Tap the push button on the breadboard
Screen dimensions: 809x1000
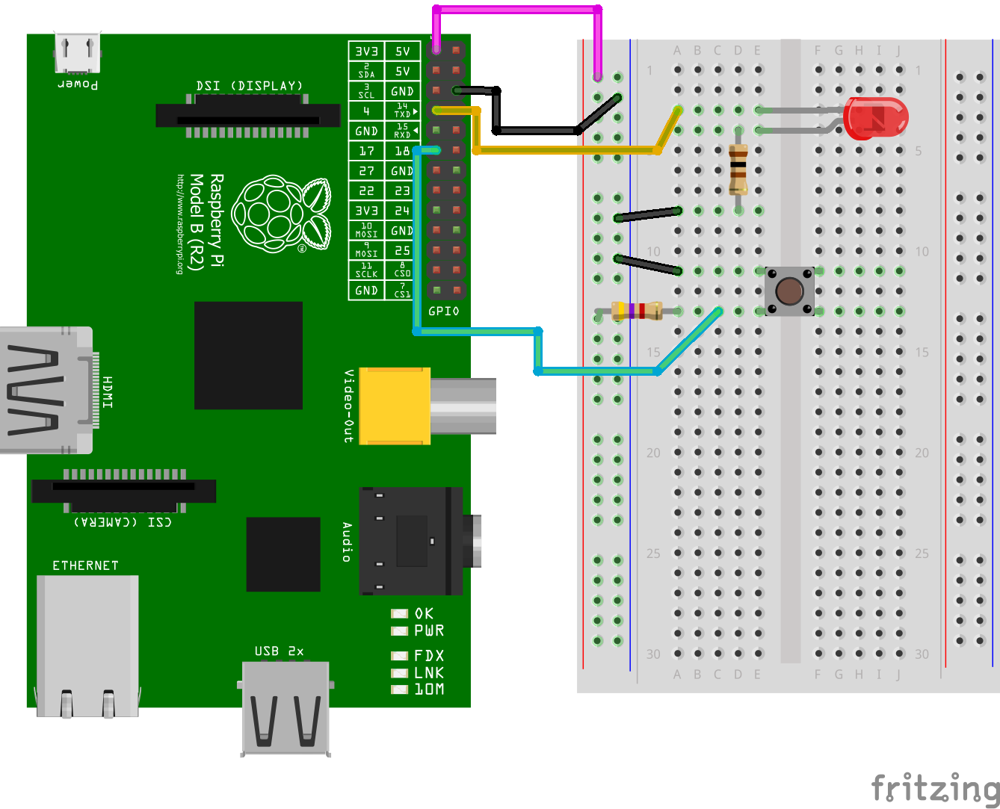789,290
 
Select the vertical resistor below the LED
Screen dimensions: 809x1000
738,170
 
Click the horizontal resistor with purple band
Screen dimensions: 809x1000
637,310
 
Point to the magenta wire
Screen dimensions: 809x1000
517,10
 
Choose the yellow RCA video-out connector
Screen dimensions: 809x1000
395,406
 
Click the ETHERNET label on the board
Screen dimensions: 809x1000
85,565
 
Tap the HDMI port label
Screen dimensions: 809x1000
108,391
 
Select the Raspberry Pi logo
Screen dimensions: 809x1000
281,214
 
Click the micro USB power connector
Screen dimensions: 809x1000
77,52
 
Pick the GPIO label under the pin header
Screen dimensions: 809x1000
444,311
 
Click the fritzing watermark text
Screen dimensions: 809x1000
935,788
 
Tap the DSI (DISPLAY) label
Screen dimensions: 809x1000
250,86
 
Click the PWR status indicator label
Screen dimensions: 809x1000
429,631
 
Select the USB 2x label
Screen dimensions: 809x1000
279,651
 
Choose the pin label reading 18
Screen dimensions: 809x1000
402,151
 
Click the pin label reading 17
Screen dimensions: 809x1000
366,151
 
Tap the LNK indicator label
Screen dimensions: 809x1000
429,672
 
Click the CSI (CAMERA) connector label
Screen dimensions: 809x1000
123,521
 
